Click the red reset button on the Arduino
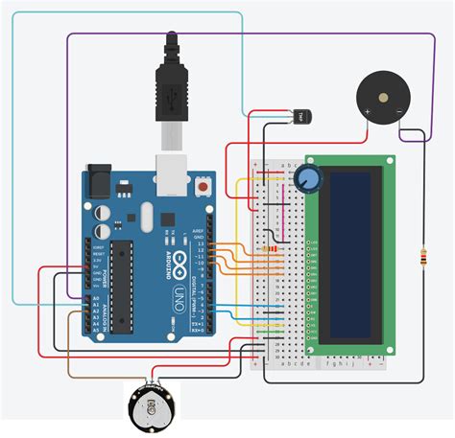(x=204, y=182)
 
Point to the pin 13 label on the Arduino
(x=200, y=243)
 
